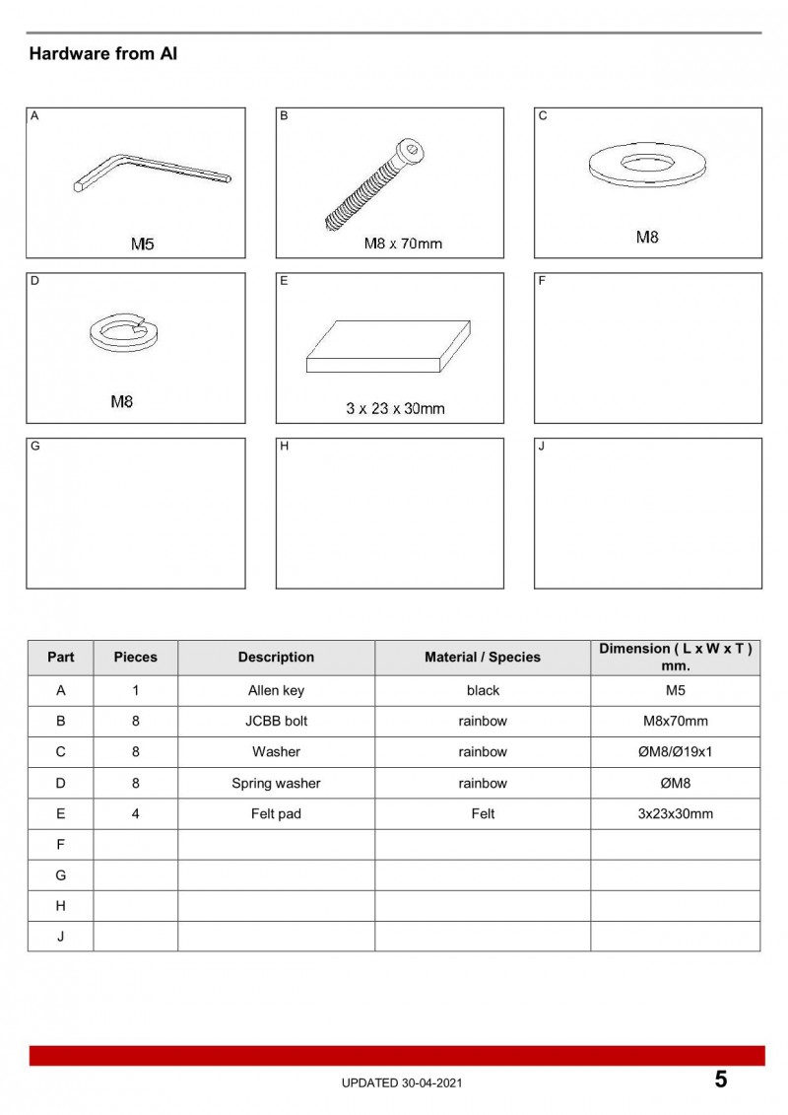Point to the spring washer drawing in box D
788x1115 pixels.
pyautogui.click(x=123, y=330)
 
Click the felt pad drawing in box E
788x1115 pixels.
pyautogui.click(x=389, y=347)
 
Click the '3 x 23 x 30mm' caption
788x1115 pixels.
pyautogui.click(x=395, y=408)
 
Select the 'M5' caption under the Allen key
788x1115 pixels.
pyautogui.click(x=143, y=244)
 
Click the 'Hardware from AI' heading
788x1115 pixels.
pyautogui.click(x=102, y=54)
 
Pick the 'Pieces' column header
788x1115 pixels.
pyautogui.click(x=135, y=658)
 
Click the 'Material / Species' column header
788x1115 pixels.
pyautogui.click(x=483, y=658)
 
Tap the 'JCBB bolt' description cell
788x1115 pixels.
pyautogui.click(x=276, y=722)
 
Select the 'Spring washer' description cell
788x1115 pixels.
pyautogui.click(x=276, y=784)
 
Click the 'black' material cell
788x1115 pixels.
pyautogui.click(x=483, y=691)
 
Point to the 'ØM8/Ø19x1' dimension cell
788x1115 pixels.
pyautogui.click(x=675, y=752)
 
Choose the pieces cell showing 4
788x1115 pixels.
pyautogui.click(x=135, y=814)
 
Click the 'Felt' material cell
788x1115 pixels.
pyautogui.click(x=483, y=814)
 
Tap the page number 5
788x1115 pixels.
pyautogui.click(x=721, y=1080)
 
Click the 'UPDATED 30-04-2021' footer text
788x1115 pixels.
pyautogui.click(x=401, y=1083)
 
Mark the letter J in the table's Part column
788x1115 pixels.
pyautogui.click(x=60, y=937)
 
